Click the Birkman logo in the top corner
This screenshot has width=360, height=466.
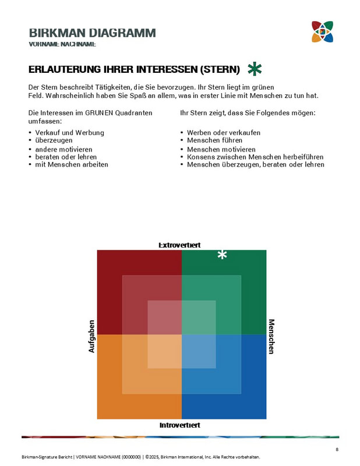click(322, 32)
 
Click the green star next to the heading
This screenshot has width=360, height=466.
click(254, 69)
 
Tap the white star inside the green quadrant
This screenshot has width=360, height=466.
click(222, 255)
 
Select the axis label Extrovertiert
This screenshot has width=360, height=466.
click(180, 245)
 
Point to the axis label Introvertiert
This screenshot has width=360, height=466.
click(180, 425)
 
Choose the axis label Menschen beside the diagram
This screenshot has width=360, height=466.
click(271, 336)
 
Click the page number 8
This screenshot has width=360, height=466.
click(337, 449)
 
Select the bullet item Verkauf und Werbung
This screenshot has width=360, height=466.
click(69, 133)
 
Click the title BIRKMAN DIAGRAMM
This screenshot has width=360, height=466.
click(92, 33)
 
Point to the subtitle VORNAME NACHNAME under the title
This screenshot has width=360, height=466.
click(62, 44)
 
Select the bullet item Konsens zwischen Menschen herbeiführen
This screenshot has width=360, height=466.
click(255, 157)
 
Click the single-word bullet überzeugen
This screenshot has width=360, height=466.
click(54, 141)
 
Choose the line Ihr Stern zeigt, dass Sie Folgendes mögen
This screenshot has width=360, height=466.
click(248, 112)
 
